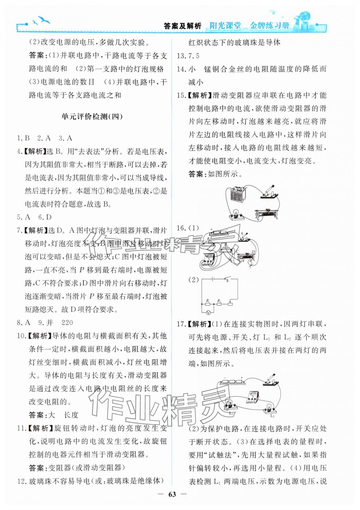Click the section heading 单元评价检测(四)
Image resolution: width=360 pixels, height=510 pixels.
point(92,117)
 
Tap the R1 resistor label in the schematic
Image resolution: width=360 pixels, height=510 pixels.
point(207,301)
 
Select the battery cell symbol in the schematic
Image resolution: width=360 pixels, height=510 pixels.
point(213,279)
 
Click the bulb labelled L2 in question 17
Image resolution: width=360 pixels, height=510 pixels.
point(269,408)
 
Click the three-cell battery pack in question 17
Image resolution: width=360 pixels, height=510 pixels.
point(232,382)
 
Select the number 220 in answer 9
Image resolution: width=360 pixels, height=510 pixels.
point(67,323)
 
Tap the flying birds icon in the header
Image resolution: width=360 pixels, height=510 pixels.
point(42,21)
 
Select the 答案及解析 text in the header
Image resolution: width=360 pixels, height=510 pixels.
point(182,26)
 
